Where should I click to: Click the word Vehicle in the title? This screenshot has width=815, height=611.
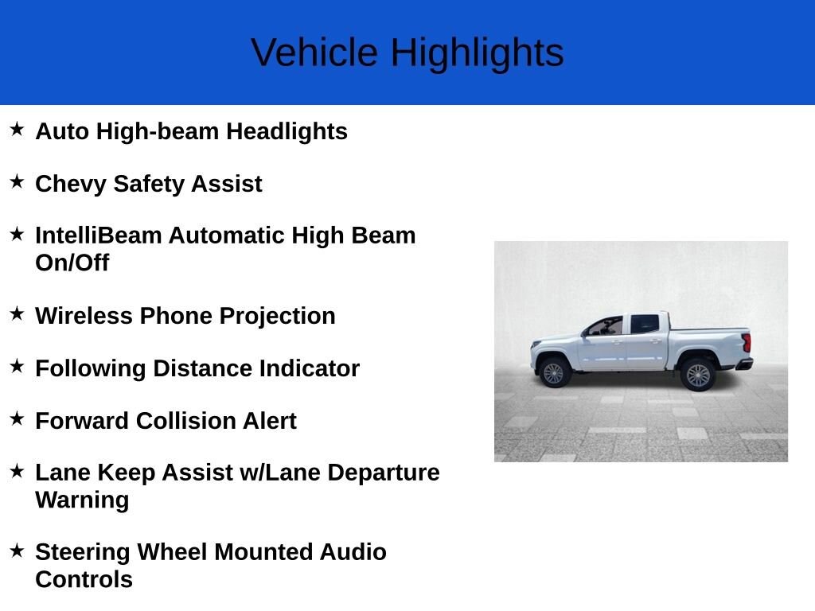pyautogui.click(x=314, y=52)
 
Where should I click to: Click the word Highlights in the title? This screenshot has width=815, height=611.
pyautogui.click(x=478, y=53)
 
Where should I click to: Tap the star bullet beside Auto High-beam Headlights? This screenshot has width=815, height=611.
pyautogui.click(x=17, y=129)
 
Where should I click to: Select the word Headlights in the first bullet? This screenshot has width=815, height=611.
pyautogui.click(x=287, y=131)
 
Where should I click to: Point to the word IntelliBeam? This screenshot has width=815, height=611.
pyautogui.click(x=99, y=235)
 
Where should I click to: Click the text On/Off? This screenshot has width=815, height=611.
pyautogui.click(x=72, y=263)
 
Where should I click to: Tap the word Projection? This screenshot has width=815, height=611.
pyautogui.click(x=277, y=317)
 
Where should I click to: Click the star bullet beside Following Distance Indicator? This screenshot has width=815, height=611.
pyautogui.click(x=17, y=366)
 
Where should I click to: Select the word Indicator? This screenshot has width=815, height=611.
pyautogui.click(x=310, y=368)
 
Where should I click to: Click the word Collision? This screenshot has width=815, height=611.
pyautogui.click(x=186, y=421)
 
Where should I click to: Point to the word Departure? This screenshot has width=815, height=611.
pyautogui.click(x=383, y=473)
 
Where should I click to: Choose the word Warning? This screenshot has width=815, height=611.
pyautogui.click(x=82, y=500)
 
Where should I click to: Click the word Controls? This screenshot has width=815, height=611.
pyautogui.click(x=84, y=579)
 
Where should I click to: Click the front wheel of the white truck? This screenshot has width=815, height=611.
pyautogui.click(x=553, y=372)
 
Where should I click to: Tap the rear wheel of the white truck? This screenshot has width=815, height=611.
pyautogui.click(x=697, y=375)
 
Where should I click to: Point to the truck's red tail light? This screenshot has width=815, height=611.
pyautogui.click(x=747, y=343)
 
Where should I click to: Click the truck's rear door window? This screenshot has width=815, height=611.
pyautogui.click(x=645, y=325)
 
